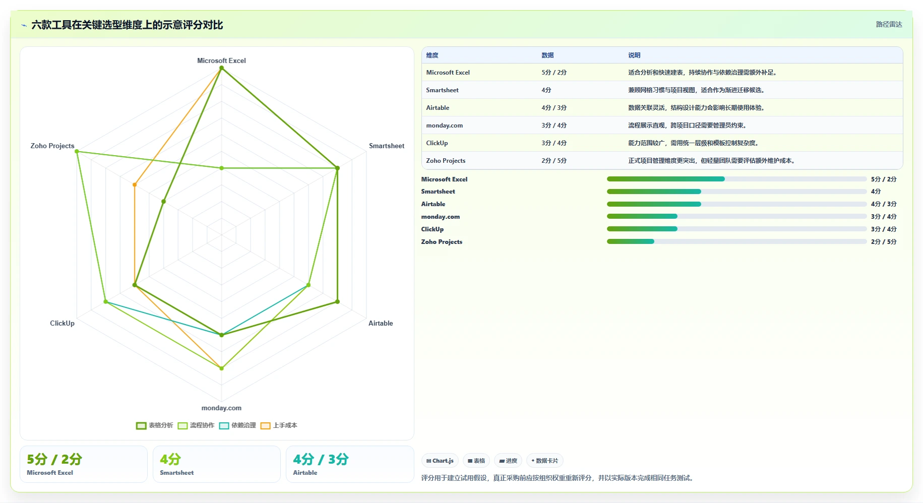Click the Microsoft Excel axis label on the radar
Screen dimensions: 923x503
point(221,60)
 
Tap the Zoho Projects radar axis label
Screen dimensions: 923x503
point(52,146)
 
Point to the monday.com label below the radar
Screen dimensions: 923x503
point(221,408)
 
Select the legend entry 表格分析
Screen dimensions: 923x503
point(155,425)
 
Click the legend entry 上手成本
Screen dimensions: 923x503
point(279,425)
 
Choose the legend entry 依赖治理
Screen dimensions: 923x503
point(237,425)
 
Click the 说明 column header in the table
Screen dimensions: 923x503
point(634,55)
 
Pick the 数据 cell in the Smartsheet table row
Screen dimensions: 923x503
point(546,90)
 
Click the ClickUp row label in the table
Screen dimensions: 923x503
point(437,143)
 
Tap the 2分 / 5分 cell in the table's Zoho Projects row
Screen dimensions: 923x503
point(554,161)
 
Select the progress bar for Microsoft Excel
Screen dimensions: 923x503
point(736,179)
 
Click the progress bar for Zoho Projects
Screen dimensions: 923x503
point(736,241)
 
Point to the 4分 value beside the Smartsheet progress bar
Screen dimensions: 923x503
point(876,192)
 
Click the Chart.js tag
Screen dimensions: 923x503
point(440,461)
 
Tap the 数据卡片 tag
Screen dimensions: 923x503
point(544,461)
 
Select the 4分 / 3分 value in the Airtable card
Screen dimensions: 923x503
point(321,459)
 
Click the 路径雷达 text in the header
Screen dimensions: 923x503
point(889,24)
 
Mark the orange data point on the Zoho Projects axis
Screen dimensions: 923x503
point(135,185)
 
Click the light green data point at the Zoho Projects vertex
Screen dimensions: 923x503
point(77,152)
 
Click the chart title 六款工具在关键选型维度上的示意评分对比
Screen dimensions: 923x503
point(127,25)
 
